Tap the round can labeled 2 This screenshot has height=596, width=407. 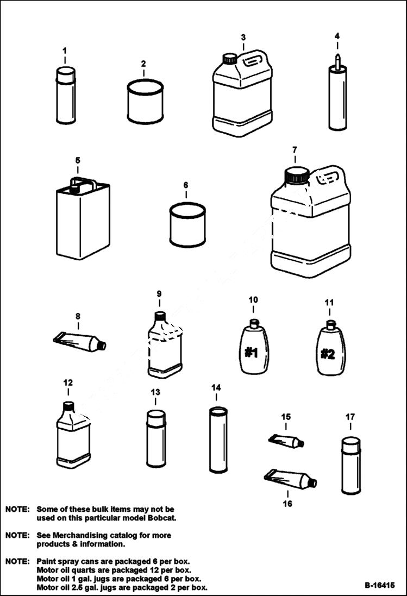point(145,102)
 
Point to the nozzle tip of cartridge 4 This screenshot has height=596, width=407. point(337,57)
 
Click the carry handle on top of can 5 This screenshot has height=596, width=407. point(82,182)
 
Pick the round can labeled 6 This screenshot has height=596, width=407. point(187,224)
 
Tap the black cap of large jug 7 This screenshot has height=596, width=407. point(297,175)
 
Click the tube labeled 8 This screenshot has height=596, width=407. point(79,342)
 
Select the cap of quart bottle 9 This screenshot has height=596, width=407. point(160,316)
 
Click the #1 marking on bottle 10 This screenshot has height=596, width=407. point(251,353)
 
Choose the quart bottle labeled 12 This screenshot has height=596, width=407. point(73,437)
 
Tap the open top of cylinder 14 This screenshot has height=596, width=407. point(218,411)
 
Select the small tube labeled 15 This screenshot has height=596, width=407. point(286,441)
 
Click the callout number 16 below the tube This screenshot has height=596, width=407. point(287,504)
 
